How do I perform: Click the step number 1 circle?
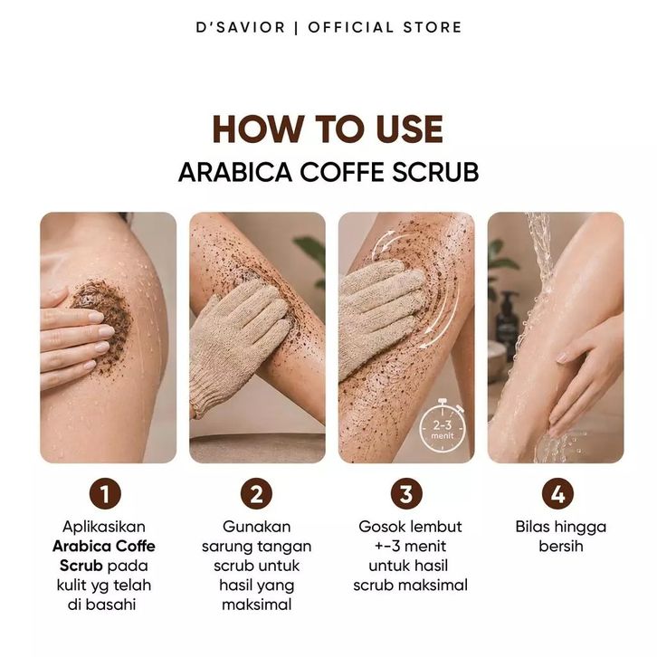[x=105, y=493]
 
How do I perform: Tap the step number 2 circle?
[x=256, y=493]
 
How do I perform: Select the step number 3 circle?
[x=406, y=493]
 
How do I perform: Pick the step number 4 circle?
[x=557, y=493]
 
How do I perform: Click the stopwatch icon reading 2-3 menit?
[x=442, y=426]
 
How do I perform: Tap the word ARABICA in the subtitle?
[x=235, y=172]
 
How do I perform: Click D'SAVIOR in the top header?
[x=241, y=28]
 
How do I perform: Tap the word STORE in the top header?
[x=433, y=28]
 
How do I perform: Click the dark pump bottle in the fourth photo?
[x=506, y=323]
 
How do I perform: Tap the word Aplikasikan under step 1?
[x=104, y=527]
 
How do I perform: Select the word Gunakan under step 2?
[x=256, y=527]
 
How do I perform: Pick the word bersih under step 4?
[x=561, y=547]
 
